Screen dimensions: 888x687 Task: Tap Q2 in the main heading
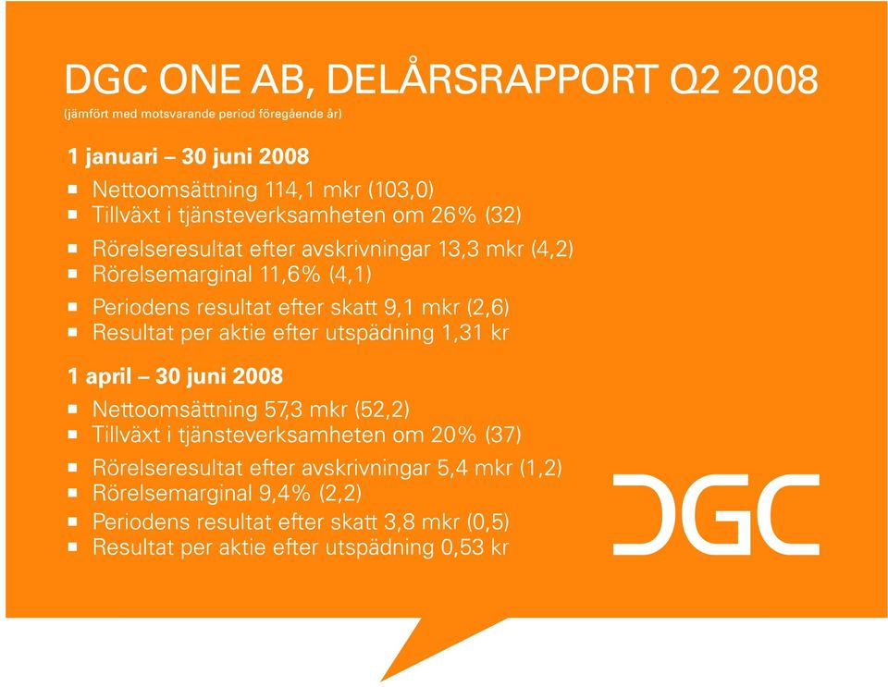click(696, 79)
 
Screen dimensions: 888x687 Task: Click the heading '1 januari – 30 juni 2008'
click(188, 156)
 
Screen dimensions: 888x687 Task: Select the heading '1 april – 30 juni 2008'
click(175, 375)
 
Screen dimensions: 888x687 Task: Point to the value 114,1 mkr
click(314, 189)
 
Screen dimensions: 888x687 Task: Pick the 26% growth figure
click(453, 215)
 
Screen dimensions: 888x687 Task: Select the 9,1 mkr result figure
click(422, 307)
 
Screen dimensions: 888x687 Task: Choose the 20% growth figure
click(453, 435)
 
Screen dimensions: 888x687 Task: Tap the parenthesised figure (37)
click(503, 435)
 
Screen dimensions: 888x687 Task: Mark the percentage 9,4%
click(285, 494)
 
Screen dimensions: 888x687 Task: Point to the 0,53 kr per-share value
click(474, 547)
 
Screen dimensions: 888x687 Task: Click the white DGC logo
click(716, 514)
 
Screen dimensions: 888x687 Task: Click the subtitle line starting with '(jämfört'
click(203, 114)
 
